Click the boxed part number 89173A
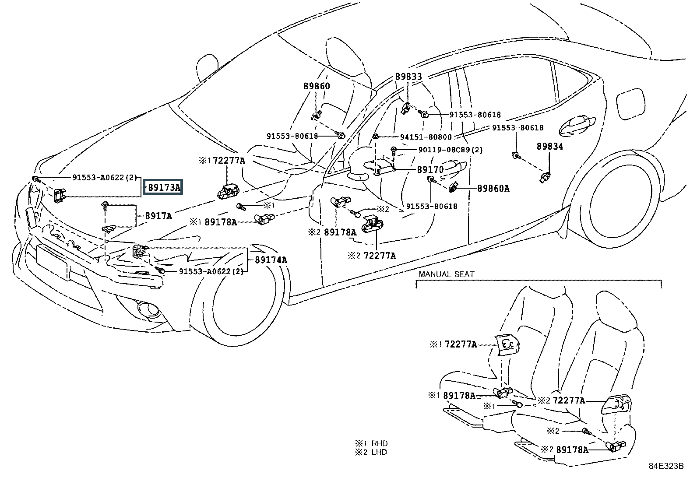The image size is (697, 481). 164,188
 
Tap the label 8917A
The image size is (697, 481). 158,216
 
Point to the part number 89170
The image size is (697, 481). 430,169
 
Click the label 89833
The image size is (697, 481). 408,77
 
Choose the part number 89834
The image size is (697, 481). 550,146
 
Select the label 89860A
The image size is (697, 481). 493,189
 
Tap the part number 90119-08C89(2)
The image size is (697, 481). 451,150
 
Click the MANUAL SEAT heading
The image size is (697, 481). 446,274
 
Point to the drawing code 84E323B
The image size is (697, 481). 666,466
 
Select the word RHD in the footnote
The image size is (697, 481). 380,443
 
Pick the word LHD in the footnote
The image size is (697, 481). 380,452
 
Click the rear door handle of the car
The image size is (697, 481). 577,126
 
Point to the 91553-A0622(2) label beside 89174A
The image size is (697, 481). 211,271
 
